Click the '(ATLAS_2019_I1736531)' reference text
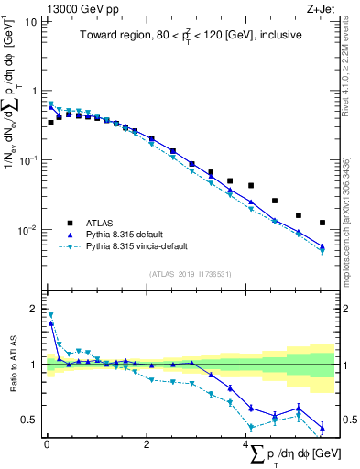pyautogui.click(x=191, y=273)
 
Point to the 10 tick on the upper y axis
pyautogui.click(x=32, y=21)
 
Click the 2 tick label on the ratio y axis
pyautogui.click(x=34, y=308)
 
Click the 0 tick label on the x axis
pyautogui.click(x=47, y=444)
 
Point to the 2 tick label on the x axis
pyautogui.click(x=147, y=444)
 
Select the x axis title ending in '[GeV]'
pyautogui.click(x=293, y=455)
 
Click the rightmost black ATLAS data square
pyautogui.click(x=322, y=223)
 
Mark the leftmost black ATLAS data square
pyautogui.click(x=50, y=122)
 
